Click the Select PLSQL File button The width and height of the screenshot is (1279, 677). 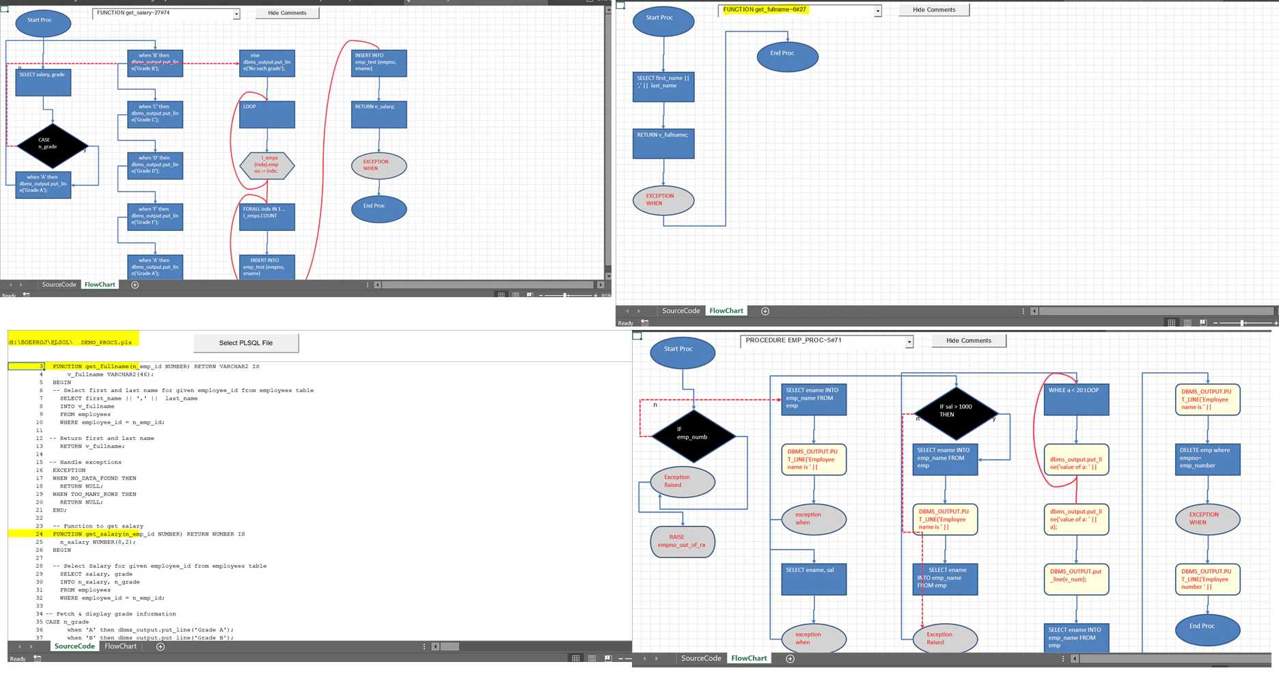tap(246, 343)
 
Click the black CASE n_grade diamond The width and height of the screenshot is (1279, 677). tap(52, 146)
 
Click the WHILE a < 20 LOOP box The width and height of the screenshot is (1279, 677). tap(1076, 399)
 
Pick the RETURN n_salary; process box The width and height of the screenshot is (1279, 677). tap(379, 114)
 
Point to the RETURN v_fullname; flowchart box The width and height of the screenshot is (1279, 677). tap(663, 143)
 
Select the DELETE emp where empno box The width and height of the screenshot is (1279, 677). tap(1207, 459)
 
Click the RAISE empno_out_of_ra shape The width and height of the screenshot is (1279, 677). tap(682, 541)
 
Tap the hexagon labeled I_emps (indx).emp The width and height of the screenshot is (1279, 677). tap(267, 165)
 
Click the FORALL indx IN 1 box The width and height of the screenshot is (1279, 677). tap(267, 217)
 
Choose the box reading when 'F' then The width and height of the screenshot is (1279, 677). tap(155, 217)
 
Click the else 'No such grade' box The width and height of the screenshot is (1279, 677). tap(267, 63)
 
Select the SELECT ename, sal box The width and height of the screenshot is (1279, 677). tap(814, 579)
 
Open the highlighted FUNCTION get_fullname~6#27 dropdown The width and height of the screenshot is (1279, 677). tap(877, 11)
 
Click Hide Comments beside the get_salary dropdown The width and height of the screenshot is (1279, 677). tap(287, 13)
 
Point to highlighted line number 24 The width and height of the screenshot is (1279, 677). tap(39, 534)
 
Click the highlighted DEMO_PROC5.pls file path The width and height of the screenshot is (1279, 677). tap(72, 342)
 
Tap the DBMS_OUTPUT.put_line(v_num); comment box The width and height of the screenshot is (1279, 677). tap(1076, 579)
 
